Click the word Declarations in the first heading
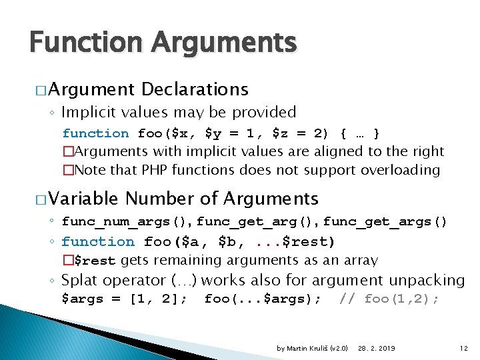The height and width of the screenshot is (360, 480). click(195, 89)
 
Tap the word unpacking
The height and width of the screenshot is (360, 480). click(427, 280)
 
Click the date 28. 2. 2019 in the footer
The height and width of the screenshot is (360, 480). click(377, 348)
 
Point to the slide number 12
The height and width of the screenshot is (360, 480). click(464, 348)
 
